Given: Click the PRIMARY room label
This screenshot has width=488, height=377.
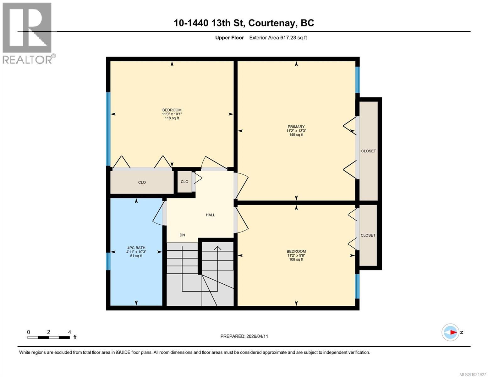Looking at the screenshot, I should [296, 127].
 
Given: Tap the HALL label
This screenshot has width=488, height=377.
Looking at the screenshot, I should [210, 215].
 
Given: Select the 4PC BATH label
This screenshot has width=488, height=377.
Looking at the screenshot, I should [136, 248].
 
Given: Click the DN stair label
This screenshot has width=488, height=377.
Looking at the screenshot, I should [182, 235].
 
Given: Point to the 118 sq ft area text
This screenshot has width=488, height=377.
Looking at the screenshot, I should [172, 118].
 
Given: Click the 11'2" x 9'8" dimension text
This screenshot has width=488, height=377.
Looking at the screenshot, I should [296, 255].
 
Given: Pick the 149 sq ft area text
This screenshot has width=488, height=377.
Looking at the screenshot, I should [296, 135].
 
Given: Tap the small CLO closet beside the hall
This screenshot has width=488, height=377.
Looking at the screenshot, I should [184, 182].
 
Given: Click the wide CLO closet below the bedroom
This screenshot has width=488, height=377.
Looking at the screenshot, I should [142, 182].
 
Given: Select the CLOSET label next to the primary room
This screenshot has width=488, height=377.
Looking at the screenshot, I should [368, 151].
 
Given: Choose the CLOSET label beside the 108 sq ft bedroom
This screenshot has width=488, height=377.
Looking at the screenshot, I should [368, 235].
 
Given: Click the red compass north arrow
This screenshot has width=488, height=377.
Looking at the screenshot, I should [453, 332].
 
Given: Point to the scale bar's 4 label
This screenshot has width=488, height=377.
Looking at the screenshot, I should [69, 332].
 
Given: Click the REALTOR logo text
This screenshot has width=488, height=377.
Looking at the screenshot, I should [28, 59].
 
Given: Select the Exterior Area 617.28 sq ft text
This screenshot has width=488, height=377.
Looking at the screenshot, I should [278, 38].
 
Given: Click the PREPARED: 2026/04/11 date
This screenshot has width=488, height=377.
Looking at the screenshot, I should [244, 336].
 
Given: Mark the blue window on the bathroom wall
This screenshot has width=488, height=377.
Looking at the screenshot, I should [108, 261].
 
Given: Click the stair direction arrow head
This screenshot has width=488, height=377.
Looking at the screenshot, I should [217, 248].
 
